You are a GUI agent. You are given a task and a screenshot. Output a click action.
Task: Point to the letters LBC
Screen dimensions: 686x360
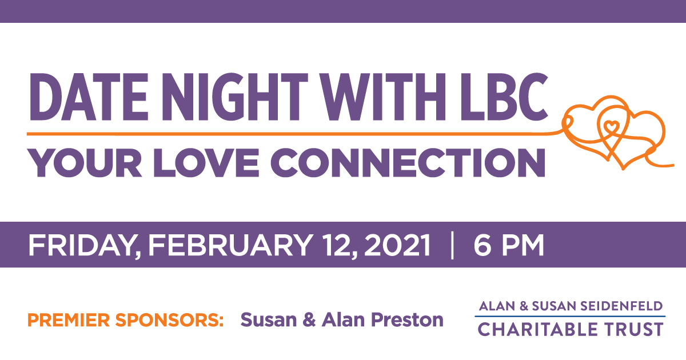tap(504, 97)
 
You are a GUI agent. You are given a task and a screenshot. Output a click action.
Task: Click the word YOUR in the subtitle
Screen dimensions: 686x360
tap(85, 162)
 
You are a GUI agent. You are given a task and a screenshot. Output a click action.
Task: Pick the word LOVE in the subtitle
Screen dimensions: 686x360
tap(206, 162)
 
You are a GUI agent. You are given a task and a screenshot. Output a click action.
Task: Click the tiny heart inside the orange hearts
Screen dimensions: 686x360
tap(611, 126)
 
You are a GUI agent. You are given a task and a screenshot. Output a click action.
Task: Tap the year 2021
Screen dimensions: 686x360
tap(397, 245)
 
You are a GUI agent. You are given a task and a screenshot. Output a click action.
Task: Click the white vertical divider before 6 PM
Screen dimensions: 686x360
tap(452, 246)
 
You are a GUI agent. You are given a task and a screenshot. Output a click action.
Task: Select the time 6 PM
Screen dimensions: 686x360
tap(509, 245)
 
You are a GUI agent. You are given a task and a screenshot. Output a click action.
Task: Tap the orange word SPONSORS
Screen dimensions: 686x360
tap(169, 320)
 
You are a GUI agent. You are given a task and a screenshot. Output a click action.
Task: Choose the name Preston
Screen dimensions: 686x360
tap(407, 319)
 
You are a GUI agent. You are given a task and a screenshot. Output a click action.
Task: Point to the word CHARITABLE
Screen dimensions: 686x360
tap(538, 329)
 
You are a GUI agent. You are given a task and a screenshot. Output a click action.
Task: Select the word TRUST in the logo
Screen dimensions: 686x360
tap(634, 329)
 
